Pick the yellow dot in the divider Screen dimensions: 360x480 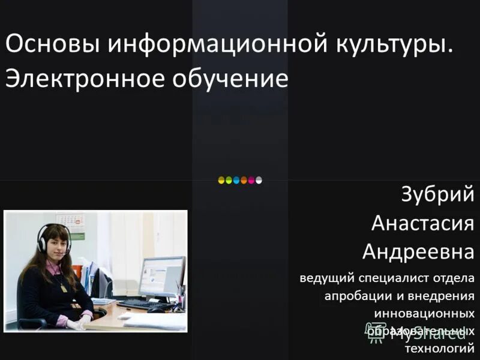point(221,179)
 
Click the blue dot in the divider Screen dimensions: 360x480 point(236,179)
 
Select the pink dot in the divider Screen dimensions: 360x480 point(251,179)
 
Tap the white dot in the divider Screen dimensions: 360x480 point(259,179)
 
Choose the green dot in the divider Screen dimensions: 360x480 point(229,179)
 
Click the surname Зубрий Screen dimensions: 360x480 point(437,196)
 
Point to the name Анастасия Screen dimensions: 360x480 point(422,223)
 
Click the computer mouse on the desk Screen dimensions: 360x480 point(157,310)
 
